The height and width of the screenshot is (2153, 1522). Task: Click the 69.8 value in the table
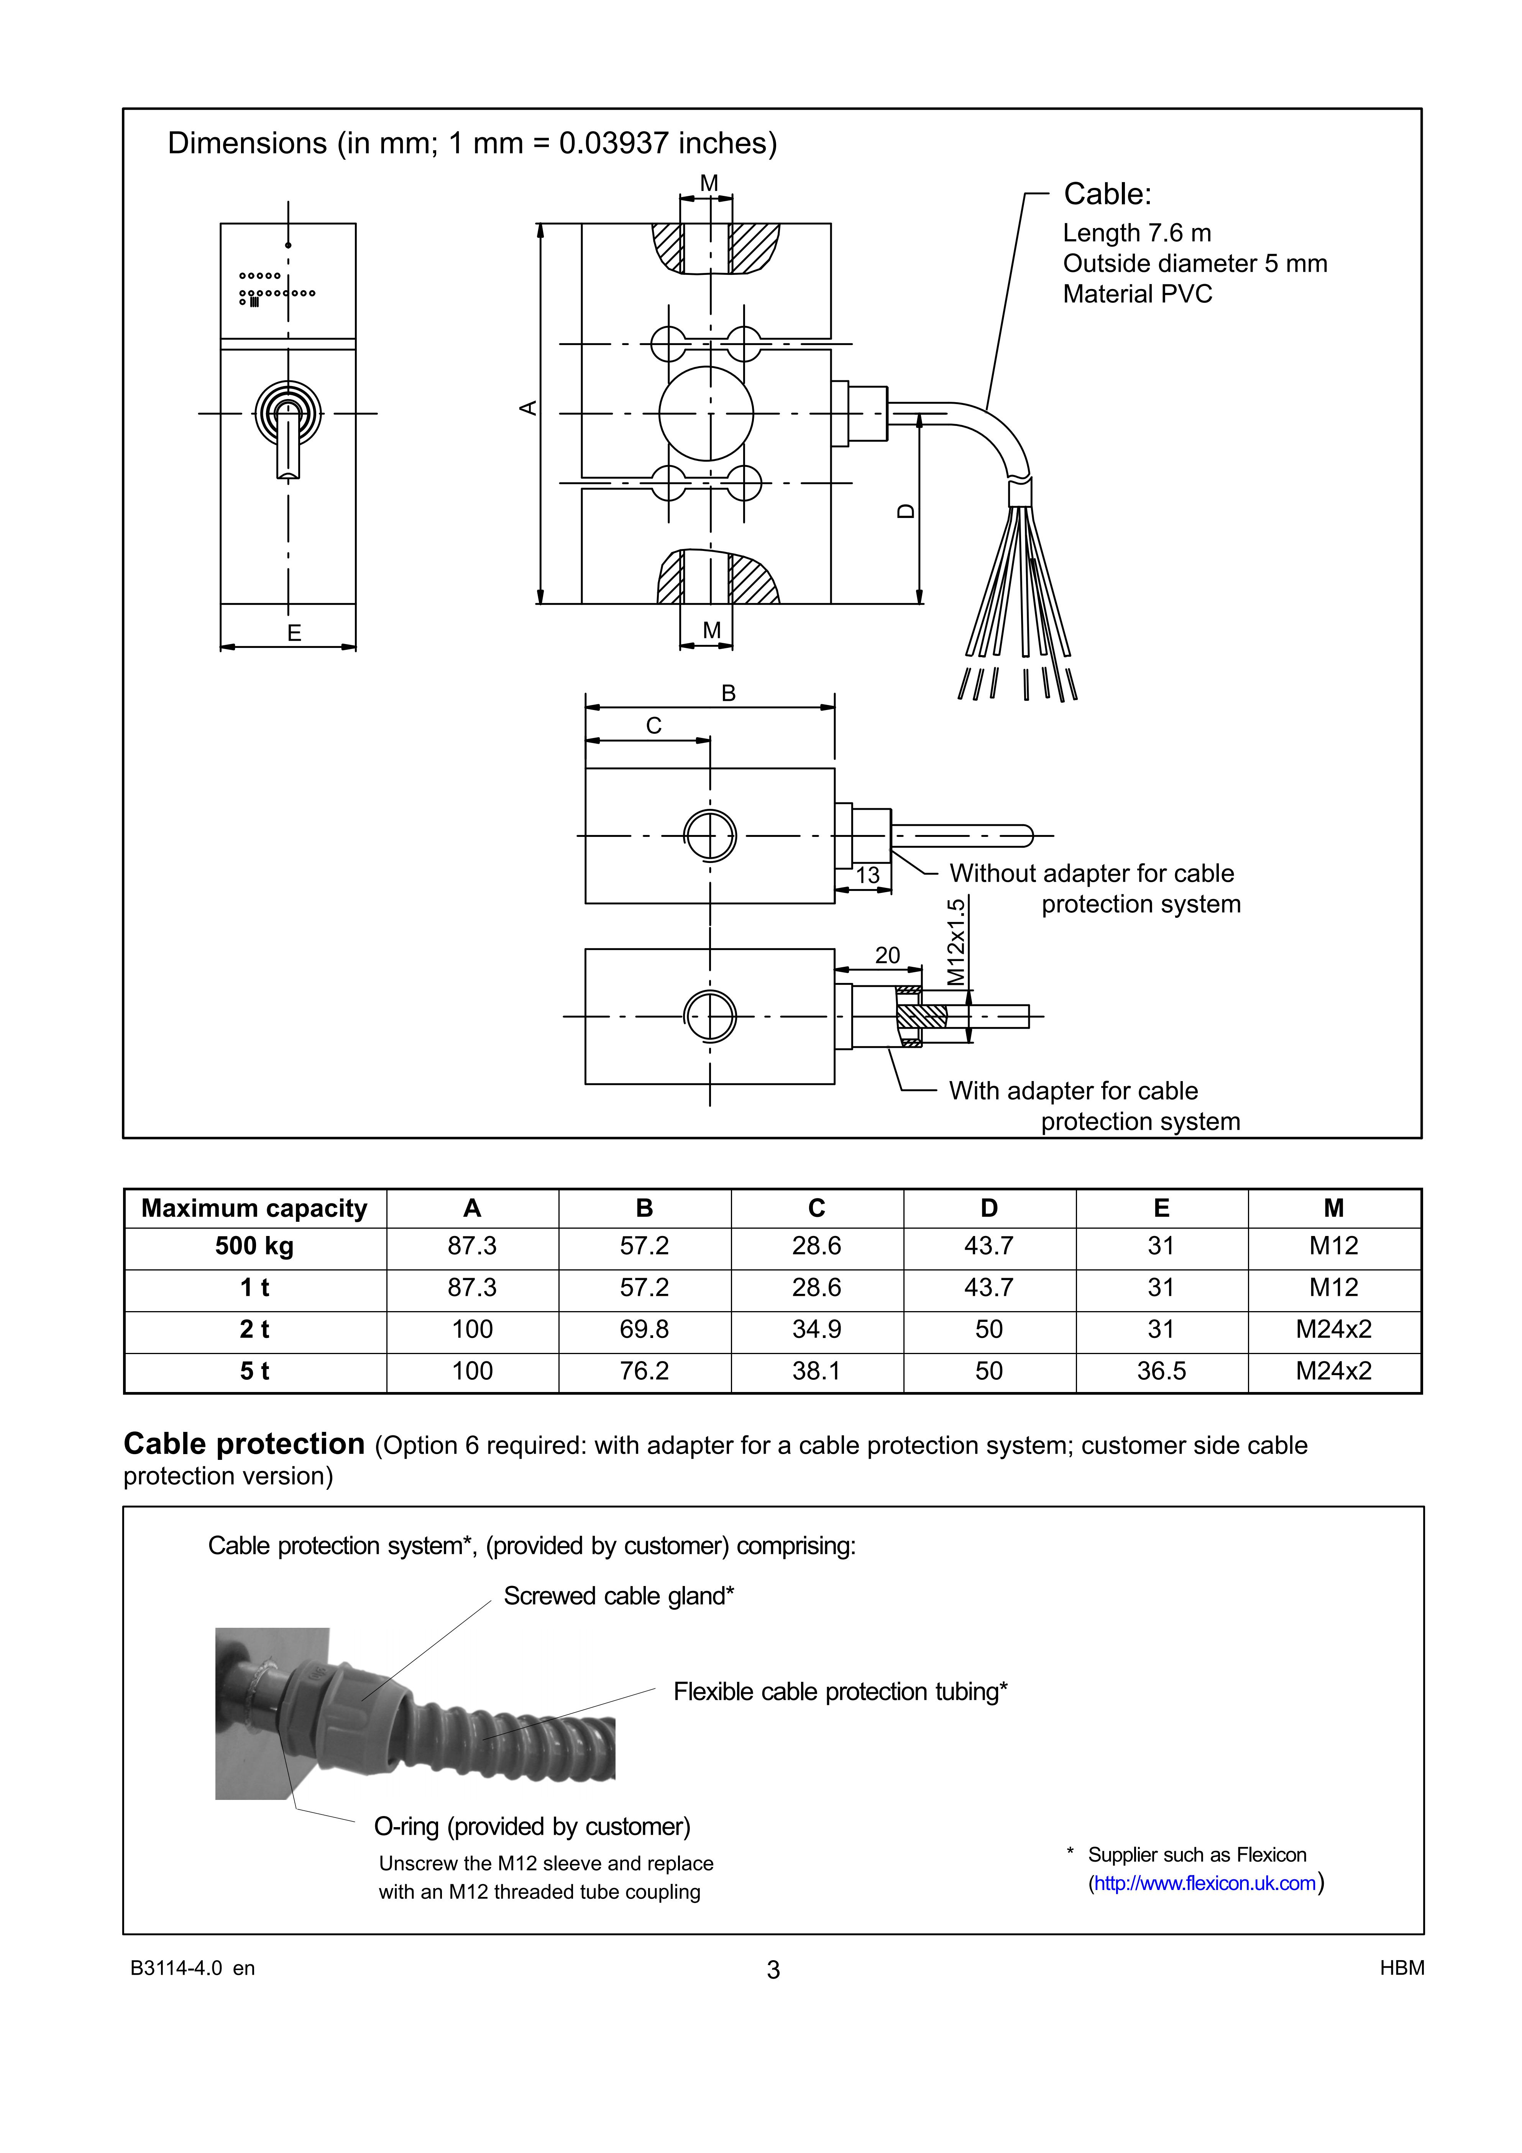point(644,1329)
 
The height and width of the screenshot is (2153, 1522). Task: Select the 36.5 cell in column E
point(1161,1371)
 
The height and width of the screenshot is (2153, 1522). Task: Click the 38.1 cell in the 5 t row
point(816,1371)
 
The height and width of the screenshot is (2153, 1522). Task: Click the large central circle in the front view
point(706,414)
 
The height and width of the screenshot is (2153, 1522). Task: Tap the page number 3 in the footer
point(773,1970)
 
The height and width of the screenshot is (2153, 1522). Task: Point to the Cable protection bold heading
point(244,1444)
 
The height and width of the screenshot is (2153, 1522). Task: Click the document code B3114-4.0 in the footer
point(176,1968)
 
